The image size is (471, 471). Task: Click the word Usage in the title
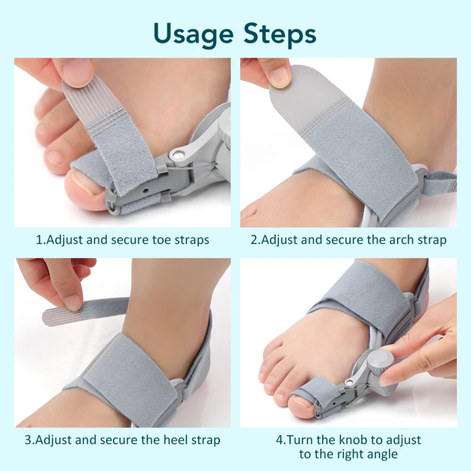click(193, 34)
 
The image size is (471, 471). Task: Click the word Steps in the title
click(280, 34)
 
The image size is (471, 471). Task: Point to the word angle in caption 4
click(383, 455)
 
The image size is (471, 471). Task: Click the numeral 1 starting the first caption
click(39, 240)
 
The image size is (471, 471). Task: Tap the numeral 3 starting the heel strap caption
click(28, 440)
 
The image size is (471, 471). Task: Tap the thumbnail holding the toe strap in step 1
click(78, 71)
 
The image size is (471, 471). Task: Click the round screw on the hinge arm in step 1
click(179, 156)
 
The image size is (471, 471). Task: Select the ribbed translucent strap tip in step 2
click(298, 96)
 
